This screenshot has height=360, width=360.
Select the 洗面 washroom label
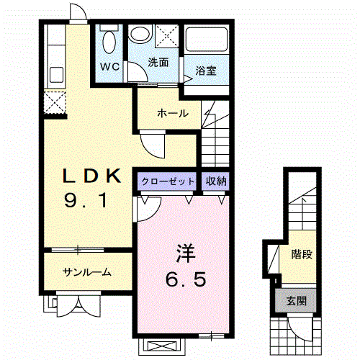(x=158, y=63)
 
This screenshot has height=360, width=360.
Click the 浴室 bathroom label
(x=206, y=71)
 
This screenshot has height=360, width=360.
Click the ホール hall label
(x=173, y=113)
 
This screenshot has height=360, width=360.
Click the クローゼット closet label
(x=167, y=181)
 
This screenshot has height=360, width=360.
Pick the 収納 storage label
(x=217, y=181)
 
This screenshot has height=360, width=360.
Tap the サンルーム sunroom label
(x=87, y=271)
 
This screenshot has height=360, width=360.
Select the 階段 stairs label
(x=302, y=255)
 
